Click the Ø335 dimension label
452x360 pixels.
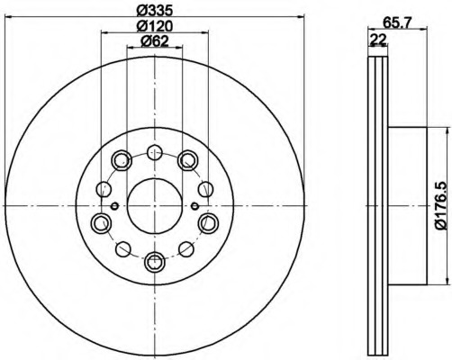(x=155, y=11)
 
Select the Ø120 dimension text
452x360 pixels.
(x=155, y=26)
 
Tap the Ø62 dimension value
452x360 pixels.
(x=155, y=41)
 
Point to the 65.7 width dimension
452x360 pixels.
(x=397, y=23)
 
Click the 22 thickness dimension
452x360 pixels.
(x=378, y=40)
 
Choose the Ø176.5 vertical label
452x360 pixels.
(x=441, y=207)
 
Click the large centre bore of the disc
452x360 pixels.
(x=155, y=206)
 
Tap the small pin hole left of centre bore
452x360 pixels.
(x=114, y=206)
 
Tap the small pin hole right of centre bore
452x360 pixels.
(x=194, y=206)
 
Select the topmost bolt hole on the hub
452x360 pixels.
(x=155, y=152)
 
